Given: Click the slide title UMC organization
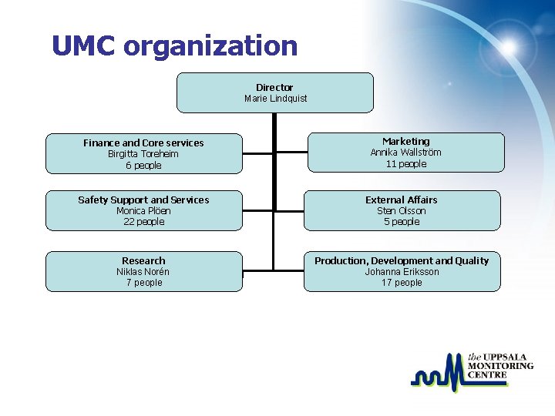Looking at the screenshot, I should point(174,46).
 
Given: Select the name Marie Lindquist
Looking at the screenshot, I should point(275,99).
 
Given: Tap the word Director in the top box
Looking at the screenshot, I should point(274,87).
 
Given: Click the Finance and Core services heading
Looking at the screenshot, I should point(143,143).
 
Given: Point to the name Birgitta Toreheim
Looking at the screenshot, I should point(143,154).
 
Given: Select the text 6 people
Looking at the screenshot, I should point(143,166).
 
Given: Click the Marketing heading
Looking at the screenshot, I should point(405,141).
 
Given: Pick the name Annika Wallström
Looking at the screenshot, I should point(405,153).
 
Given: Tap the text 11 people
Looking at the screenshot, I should point(405,164).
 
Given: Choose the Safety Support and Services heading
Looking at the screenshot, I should point(143,200).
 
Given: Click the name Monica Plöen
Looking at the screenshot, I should point(143,211).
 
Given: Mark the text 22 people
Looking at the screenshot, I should point(143,222).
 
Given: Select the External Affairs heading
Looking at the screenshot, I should point(401,200).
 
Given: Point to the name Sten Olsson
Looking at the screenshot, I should point(401,211).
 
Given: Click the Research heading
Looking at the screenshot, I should point(143,260).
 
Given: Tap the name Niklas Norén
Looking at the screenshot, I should point(143,272).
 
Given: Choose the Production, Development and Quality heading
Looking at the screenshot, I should point(401,260).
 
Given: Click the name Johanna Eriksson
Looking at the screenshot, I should point(401,272).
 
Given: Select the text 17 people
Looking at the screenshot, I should point(401,283).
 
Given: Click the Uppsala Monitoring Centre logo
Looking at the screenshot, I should point(471,373).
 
